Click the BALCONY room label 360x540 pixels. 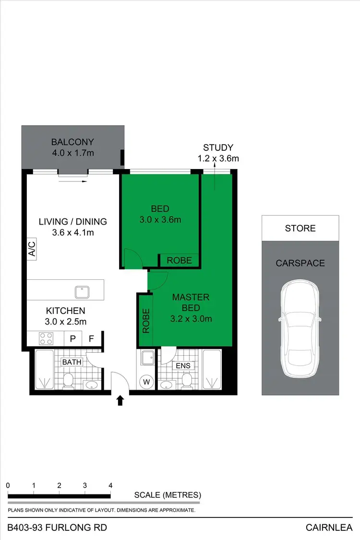pos(72,142)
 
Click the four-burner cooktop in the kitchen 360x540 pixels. pos(46,338)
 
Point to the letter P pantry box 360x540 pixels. pos(73,338)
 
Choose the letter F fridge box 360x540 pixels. pos(91,338)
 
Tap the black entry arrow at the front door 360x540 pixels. pos(120,400)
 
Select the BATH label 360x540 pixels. pos(72,362)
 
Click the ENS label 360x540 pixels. pos(183,366)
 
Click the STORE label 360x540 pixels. pos(300,228)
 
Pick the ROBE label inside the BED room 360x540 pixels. pos(179,261)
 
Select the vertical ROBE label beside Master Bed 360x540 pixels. pos(146,321)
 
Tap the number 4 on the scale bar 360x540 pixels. pos(110,485)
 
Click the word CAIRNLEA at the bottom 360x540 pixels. pos(329,528)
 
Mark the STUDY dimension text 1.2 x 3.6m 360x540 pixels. pos(218,158)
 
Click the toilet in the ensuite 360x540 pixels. pos(188,381)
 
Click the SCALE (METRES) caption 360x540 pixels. pos(168,495)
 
